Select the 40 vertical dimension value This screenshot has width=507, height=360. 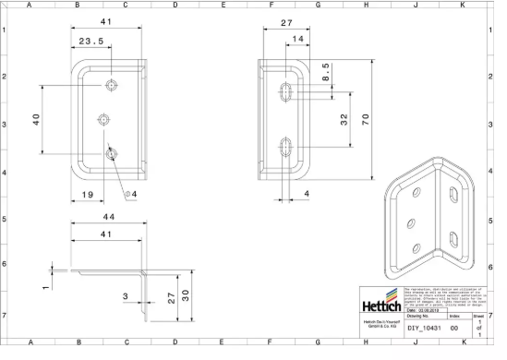(37, 122)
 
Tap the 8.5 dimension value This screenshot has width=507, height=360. (325, 72)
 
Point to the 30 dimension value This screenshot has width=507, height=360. (185, 294)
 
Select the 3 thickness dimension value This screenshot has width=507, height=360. (126, 294)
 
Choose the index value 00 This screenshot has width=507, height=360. (453, 328)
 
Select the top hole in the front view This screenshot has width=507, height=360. (112, 86)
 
